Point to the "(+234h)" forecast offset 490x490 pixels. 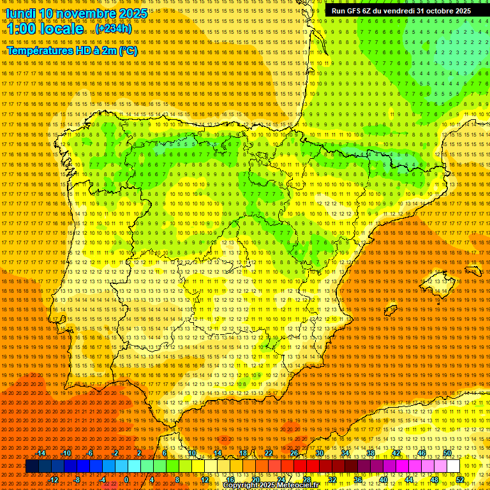coord(114,29)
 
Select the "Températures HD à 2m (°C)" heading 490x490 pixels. coord(72,50)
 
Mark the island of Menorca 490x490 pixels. coord(474,271)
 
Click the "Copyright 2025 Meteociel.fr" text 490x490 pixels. coord(271,486)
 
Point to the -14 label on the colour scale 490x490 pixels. coord(41,453)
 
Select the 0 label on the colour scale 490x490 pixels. coord(126,480)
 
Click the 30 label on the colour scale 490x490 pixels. coord(319,453)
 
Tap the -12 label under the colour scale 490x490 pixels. coord(54,480)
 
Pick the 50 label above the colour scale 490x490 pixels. coord(447,453)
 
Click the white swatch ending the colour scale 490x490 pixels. coord(453,466)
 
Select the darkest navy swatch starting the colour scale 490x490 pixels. coord(32,466)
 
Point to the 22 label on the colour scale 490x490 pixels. coord(268,453)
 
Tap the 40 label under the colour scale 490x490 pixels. coord(383,480)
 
